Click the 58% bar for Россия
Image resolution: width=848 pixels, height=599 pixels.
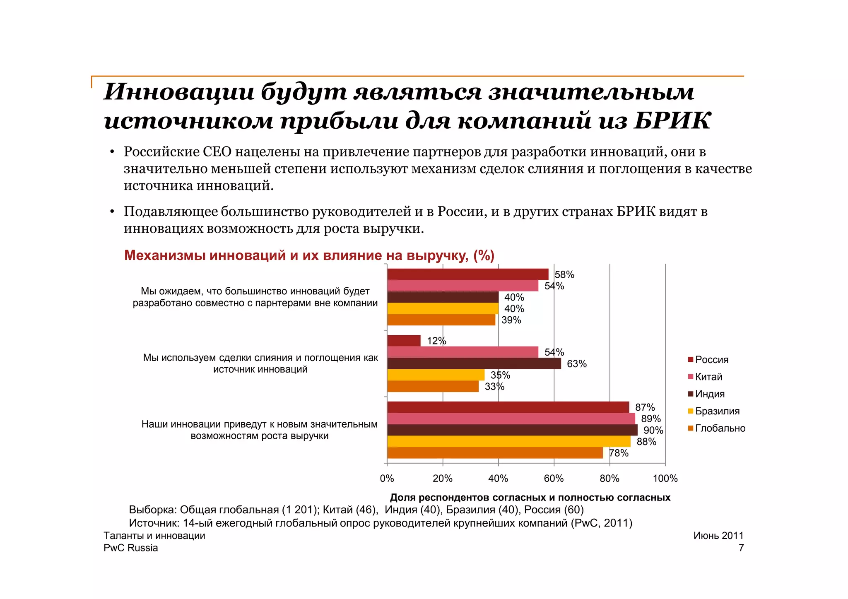tap(467, 274)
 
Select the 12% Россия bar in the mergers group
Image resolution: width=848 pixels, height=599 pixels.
tap(404, 341)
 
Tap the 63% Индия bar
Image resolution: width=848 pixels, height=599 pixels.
tap(474, 363)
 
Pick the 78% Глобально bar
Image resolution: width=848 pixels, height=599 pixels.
tap(495, 453)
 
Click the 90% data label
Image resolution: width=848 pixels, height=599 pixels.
tap(653, 431)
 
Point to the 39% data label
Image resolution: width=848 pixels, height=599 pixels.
tap(511, 320)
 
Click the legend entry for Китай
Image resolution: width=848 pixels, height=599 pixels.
tap(708, 377)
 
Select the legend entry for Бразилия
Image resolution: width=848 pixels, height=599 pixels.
tap(717, 411)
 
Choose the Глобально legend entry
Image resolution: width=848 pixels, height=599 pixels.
tap(720, 428)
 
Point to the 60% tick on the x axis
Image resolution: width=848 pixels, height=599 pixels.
tap(554, 479)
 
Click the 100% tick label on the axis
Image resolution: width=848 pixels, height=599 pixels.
tap(665, 479)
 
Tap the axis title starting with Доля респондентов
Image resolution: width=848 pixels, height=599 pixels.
tap(530, 497)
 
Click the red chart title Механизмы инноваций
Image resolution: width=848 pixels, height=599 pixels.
tap(309, 255)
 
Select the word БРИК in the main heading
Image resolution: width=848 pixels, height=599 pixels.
tap(672, 121)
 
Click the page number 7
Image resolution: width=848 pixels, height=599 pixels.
tap(741, 548)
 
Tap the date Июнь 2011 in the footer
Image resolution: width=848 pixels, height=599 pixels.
tap(718, 535)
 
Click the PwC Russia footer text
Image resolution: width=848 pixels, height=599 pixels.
tap(131, 548)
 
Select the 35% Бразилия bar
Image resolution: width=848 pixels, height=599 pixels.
tap(436, 375)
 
